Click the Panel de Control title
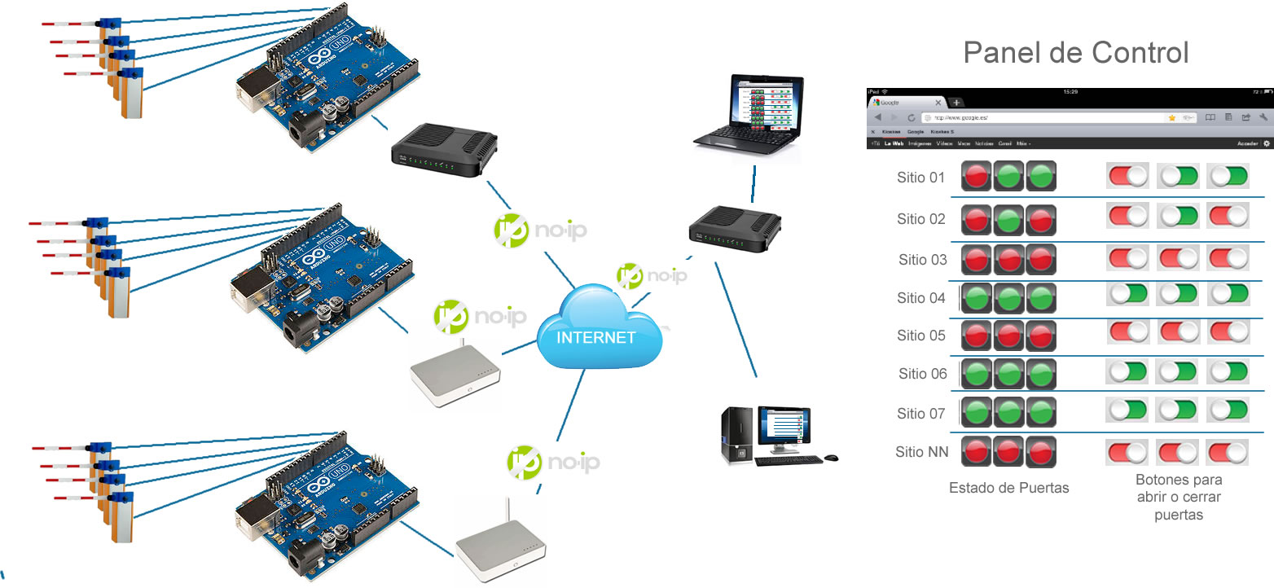point(1076,53)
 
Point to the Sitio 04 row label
point(921,298)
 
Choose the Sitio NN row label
point(921,452)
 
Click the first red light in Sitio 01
point(977,176)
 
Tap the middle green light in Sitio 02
point(1009,219)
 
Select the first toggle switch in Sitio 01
point(1127,176)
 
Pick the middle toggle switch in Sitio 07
point(1179,410)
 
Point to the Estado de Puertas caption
point(1008,489)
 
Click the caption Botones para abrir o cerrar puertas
point(1179,498)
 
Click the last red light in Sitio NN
point(1041,452)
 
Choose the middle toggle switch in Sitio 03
point(1179,257)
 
